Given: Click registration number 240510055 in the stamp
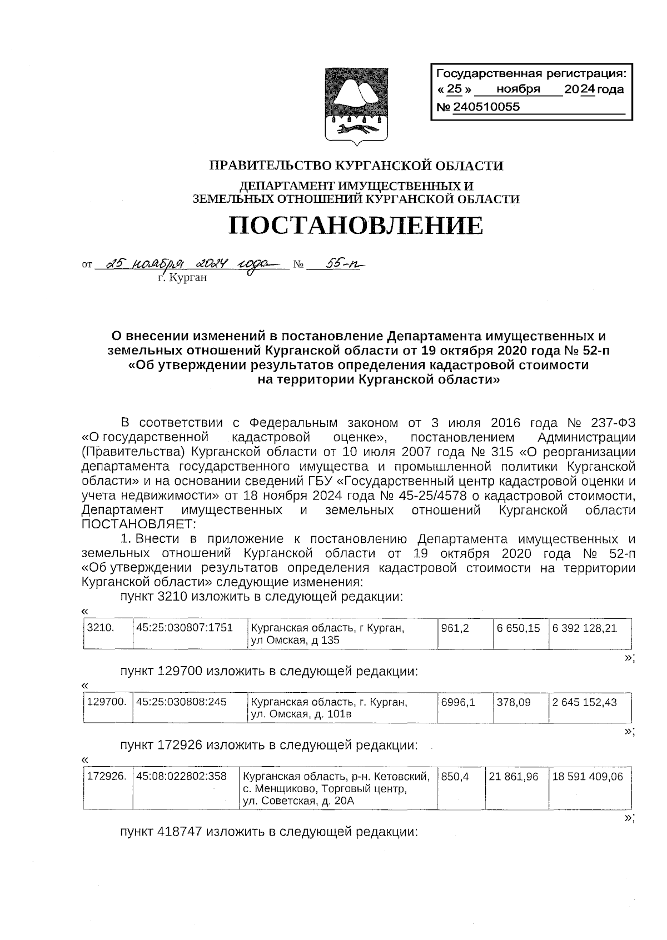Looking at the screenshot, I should (x=487, y=107).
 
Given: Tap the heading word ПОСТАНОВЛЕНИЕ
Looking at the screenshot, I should (x=356, y=226).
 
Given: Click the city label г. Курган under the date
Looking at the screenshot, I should (x=182, y=277).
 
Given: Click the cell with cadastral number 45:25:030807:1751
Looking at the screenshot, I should (x=184, y=628).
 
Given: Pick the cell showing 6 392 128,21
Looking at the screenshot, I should (x=584, y=628).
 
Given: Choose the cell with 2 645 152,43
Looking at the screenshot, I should (x=584, y=702).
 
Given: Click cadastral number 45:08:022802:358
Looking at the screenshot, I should (x=181, y=776).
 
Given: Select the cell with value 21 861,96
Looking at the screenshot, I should (x=514, y=776).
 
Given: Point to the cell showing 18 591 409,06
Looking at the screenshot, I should (x=588, y=776).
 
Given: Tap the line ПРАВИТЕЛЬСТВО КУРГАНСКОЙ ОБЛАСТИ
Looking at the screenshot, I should (x=356, y=166).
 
